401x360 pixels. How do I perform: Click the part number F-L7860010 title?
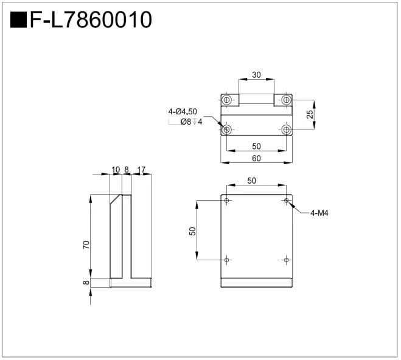click(91, 19)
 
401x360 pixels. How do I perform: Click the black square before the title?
click(18, 19)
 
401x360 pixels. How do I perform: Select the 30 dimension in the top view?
click(256, 75)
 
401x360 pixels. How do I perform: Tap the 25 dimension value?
click(310, 114)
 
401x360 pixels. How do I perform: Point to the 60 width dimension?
click(256, 158)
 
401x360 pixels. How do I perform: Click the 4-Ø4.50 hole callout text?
click(183, 111)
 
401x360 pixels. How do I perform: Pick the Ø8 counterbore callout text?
click(191, 122)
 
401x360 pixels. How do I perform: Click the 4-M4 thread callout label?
click(319, 213)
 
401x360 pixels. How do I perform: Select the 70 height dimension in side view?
click(86, 245)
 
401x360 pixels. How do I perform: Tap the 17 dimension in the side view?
click(141, 170)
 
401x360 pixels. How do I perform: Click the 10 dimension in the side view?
click(116, 170)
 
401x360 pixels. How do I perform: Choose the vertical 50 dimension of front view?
click(193, 231)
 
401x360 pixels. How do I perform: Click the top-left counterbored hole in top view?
click(226, 100)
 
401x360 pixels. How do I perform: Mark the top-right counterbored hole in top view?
click(287, 100)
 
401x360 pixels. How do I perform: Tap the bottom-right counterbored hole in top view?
click(287, 130)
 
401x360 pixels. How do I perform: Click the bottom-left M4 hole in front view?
click(226, 260)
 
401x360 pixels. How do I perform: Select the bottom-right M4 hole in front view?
click(287, 260)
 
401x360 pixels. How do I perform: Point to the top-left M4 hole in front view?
click(226, 200)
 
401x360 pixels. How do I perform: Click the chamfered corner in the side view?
click(116, 199)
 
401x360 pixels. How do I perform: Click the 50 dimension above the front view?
click(252, 181)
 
